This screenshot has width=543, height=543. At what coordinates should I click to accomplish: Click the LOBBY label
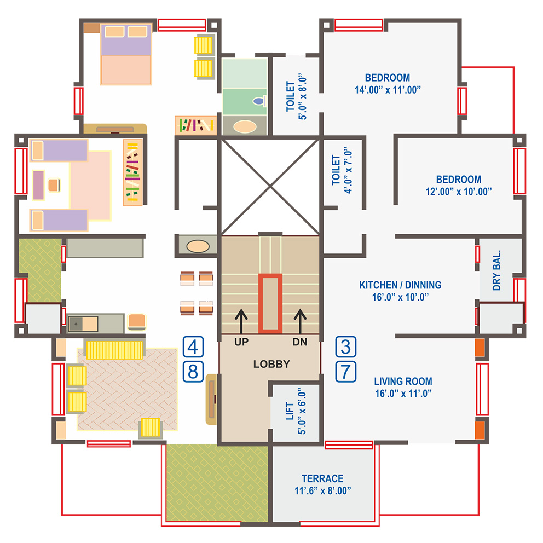pyautogui.click(x=271, y=364)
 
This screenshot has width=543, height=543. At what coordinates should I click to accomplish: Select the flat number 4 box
pyautogui.click(x=193, y=346)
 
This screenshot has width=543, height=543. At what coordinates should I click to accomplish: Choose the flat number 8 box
pyautogui.click(x=193, y=372)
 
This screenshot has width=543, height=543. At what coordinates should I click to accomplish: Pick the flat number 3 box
pyautogui.click(x=345, y=346)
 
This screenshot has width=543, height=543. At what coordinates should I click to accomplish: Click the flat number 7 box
pyautogui.click(x=345, y=372)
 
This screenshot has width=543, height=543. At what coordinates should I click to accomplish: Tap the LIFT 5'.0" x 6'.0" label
pyautogui.click(x=296, y=411)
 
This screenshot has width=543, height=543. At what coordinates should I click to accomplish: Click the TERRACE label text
pyautogui.click(x=322, y=478)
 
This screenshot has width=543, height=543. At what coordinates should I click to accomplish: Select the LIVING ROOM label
pyautogui.click(x=403, y=382)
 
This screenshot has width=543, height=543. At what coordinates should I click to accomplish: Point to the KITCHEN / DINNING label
pyautogui.click(x=400, y=285)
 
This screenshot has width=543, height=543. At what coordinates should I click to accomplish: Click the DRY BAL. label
pyautogui.click(x=496, y=270)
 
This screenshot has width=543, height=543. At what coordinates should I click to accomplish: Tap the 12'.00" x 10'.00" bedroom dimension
pyautogui.click(x=459, y=192)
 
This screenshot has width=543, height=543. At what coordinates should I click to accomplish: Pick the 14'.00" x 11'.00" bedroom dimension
pyautogui.click(x=388, y=90)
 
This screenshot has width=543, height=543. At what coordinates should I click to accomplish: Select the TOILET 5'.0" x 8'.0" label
pyautogui.click(x=297, y=97)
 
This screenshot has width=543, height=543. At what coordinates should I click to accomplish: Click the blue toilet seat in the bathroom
pyautogui.click(x=258, y=101)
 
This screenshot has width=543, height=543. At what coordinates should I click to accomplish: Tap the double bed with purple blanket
pyautogui.click(x=126, y=54)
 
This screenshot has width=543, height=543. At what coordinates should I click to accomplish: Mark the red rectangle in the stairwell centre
pyautogui.click(x=270, y=304)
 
